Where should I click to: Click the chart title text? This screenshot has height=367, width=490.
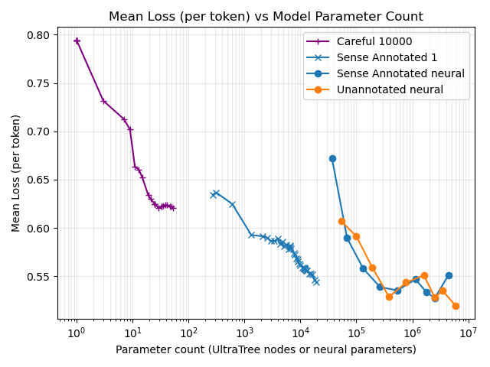click(x=266, y=16)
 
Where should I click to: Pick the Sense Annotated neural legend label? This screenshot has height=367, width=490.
click(x=400, y=73)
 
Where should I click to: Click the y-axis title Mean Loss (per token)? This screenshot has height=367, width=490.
click(x=16, y=173)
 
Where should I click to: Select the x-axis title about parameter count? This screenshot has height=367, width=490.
click(x=266, y=349)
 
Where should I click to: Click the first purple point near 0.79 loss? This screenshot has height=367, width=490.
click(x=77, y=41)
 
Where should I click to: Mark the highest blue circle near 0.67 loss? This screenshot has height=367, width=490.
click(x=332, y=158)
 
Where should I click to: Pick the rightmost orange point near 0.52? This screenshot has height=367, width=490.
click(x=456, y=306)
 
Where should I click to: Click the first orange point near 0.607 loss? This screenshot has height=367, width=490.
click(x=341, y=221)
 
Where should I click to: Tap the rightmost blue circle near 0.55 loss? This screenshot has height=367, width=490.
click(x=449, y=275)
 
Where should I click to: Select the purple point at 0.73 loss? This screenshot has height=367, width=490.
click(x=103, y=101)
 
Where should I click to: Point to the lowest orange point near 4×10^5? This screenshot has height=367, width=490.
click(x=389, y=297)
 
